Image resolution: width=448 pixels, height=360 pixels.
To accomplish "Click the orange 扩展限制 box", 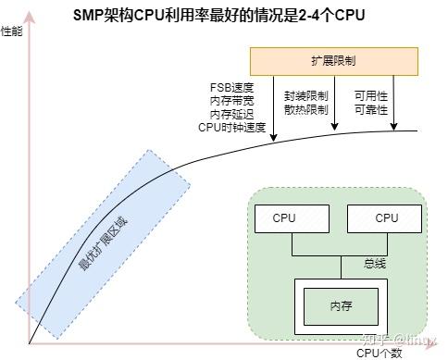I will click(334, 61).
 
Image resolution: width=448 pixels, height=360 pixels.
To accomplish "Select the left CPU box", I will click(284, 218).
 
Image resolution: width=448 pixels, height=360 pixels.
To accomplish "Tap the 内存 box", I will click(341, 305).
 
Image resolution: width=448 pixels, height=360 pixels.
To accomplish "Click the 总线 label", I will click(374, 264).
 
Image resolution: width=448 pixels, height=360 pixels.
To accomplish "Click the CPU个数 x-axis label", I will click(379, 353).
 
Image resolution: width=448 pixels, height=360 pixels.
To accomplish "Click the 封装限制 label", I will click(305, 94).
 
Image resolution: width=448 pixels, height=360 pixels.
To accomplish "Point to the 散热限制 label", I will click(305, 108).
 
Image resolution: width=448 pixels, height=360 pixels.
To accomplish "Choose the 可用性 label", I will click(371, 94).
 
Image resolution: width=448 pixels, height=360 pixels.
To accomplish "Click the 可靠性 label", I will click(371, 108).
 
